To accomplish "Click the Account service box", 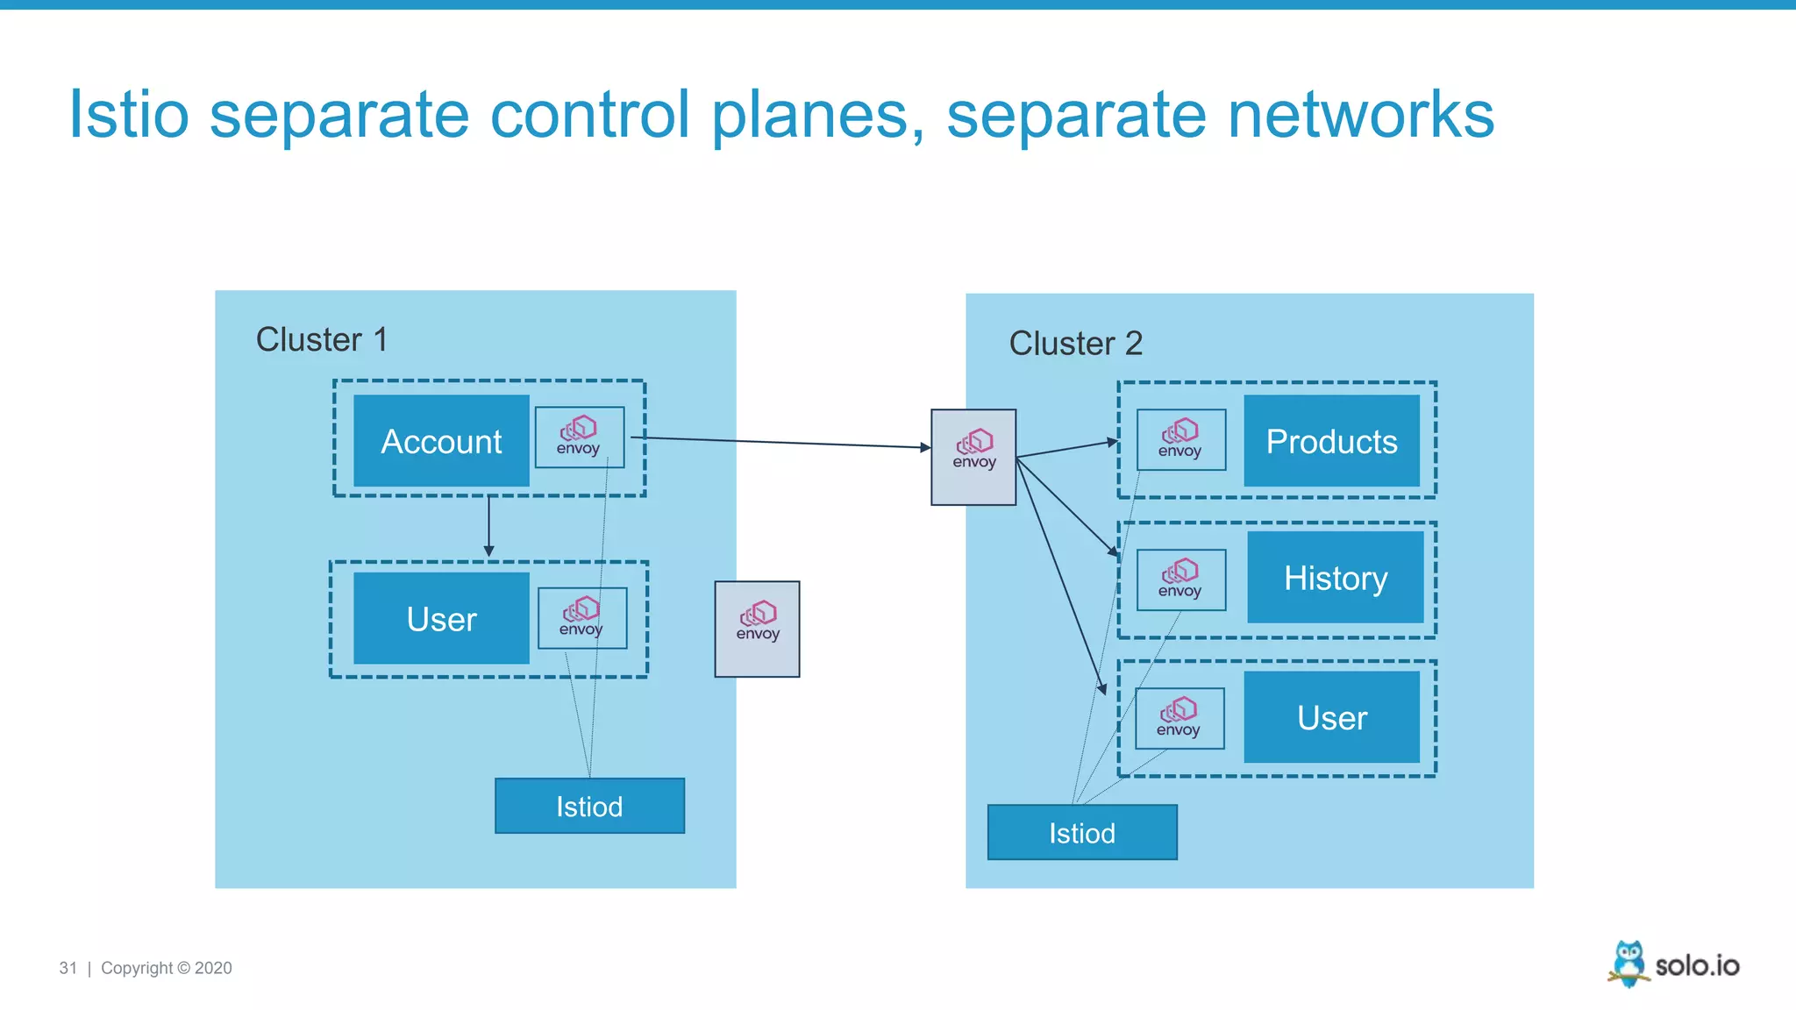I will click(441, 441).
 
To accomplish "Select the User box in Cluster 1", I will click(441, 619).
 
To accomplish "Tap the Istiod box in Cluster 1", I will click(589, 806).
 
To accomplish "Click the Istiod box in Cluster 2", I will click(1082, 832).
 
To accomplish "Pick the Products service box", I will click(1331, 441).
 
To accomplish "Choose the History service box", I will click(1335, 578).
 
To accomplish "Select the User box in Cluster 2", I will click(1331, 717).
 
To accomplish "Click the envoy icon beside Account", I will click(579, 437).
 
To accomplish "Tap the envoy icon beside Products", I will click(1180, 439).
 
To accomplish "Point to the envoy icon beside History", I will click(1180, 580).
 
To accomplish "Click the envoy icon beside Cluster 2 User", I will click(1179, 718).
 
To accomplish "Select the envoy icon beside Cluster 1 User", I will click(581, 618).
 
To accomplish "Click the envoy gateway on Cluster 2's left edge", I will click(973, 457).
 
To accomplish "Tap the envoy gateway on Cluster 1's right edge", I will click(757, 629).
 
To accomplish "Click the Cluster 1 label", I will click(321, 339).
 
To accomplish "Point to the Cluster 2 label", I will click(1075, 343).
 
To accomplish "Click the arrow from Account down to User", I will click(488, 526).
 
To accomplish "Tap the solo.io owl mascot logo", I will click(1629, 964).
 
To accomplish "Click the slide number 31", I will click(68, 968).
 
